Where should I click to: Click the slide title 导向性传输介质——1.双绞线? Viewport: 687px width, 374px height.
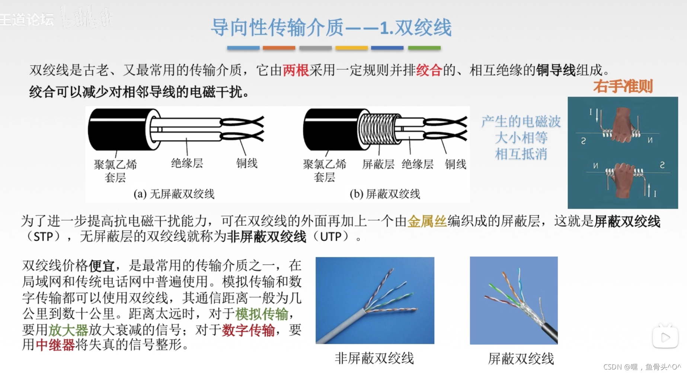[331, 27]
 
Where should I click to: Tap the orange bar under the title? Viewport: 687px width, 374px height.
[279, 48]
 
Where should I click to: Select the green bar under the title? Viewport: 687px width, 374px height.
[424, 48]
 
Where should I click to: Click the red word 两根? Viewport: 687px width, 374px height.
[296, 70]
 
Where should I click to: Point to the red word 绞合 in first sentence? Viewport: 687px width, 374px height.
[429, 70]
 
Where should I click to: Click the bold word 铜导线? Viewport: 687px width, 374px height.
[556, 70]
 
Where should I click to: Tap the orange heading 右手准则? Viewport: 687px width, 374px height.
[623, 86]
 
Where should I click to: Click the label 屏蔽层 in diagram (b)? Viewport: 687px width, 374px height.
[378, 164]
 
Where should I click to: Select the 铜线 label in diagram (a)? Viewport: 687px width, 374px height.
[247, 163]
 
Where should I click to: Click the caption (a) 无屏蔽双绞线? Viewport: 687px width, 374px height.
[174, 194]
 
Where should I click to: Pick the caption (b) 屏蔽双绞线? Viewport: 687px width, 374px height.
[385, 194]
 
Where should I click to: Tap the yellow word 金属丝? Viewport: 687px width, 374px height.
[427, 221]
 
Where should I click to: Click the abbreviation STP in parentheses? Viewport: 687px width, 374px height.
[43, 237]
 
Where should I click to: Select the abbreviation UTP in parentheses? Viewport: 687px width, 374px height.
[331, 237]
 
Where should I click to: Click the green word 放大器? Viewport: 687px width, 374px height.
[68, 330]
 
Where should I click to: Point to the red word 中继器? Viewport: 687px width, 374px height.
[55, 345]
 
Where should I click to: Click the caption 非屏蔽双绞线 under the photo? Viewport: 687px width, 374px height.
[374, 358]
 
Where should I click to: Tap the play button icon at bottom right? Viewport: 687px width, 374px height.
[665, 337]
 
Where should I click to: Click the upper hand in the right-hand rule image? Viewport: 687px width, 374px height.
[622, 125]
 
